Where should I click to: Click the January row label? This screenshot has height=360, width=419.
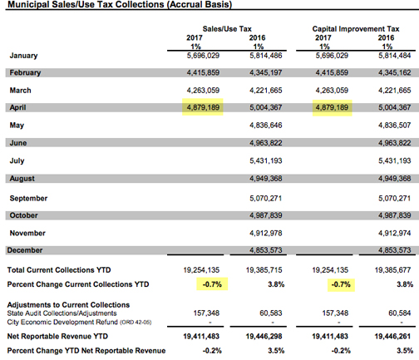coord(23,56)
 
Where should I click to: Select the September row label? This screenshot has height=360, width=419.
coord(28,199)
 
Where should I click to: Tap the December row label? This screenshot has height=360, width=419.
coord(25,250)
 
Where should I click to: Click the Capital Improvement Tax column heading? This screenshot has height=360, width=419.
coord(356,29)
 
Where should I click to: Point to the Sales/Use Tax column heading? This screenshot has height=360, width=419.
coord(227,29)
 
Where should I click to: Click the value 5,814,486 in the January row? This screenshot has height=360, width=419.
coord(266,56)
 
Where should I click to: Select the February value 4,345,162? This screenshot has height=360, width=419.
coord(395,72)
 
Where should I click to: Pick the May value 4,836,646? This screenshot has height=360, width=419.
coord(266,126)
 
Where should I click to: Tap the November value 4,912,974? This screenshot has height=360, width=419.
coord(395,233)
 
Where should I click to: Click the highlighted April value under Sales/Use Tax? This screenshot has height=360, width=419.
coord(203,107)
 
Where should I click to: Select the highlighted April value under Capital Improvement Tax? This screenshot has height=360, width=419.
coord(332,107)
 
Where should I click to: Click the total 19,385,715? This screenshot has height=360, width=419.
coord(264,270)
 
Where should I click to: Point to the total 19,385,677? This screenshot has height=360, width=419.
coord(392,270)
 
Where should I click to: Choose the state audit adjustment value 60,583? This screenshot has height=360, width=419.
coord(271,313)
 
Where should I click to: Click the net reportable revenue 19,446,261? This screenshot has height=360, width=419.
coord(392,337)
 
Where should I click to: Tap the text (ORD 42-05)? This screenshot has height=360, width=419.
coord(136,323)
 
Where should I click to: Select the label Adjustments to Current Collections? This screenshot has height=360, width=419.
coord(68,305)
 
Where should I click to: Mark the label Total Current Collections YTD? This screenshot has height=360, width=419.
coord(59,270)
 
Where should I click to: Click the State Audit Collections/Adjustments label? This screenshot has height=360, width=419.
coord(62,313)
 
